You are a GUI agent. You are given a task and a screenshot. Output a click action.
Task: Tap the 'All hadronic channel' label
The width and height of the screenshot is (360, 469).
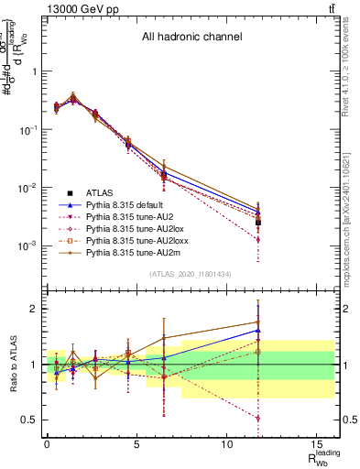tap(191, 38)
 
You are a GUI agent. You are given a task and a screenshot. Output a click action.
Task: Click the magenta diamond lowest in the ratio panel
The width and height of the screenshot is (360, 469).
tap(259, 418)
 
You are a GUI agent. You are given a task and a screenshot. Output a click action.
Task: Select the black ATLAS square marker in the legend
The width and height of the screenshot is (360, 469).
tap(72, 192)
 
